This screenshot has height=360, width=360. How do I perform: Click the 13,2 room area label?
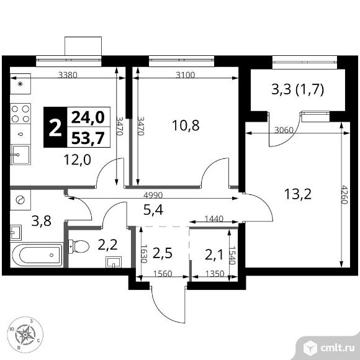point(298,194)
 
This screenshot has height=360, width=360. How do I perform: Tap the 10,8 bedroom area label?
point(186,125)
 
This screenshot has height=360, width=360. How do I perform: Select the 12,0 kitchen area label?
point(78,160)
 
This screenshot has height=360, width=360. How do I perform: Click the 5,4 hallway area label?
point(153,210)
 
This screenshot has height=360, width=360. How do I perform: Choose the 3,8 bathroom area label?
point(42,221)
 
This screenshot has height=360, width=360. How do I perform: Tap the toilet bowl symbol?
point(79,246)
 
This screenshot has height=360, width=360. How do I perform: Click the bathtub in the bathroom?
point(37,255)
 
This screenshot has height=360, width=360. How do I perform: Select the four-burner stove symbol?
point(20,114)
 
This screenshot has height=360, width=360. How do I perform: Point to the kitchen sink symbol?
point(20,155)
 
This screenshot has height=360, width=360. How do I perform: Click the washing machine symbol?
point(20,200)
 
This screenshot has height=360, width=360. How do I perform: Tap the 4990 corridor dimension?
point(153,195)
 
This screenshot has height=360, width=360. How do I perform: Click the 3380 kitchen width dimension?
point(68,75)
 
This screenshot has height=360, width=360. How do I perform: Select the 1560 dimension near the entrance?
point(163,274)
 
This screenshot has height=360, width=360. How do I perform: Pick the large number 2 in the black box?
point(55,128)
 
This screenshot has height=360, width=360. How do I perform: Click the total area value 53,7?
point(88,138)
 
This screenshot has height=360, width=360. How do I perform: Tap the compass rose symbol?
point(25,335)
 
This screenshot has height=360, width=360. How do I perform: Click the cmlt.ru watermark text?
point(338,348)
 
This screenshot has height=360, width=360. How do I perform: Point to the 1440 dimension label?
point(214,219)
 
